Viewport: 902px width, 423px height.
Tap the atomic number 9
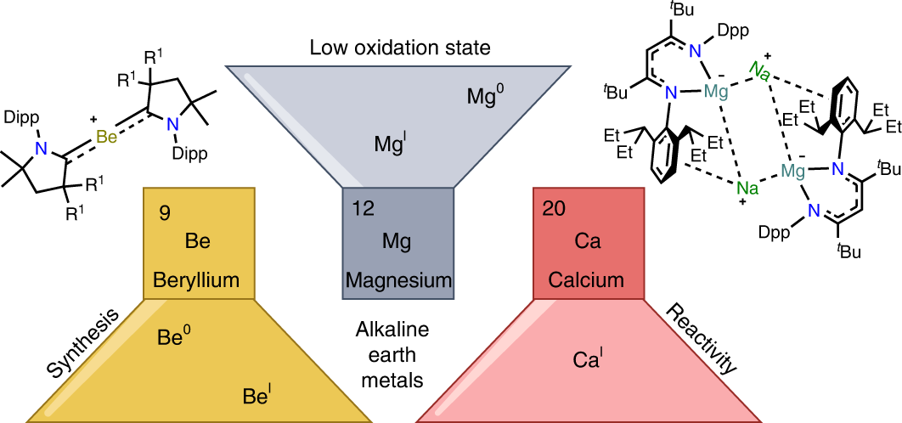[x=165, y=212]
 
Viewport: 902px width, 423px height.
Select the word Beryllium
[x=197, y=279]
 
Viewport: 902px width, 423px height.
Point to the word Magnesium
[x=396, y=279]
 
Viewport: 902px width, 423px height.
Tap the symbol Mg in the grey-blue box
[x=396, y=242]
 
